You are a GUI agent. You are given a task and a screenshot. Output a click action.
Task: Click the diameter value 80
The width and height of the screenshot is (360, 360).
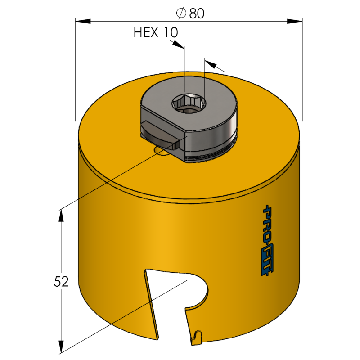pos(197,13)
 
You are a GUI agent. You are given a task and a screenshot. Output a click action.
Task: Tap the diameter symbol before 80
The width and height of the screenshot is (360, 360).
pos(181,13)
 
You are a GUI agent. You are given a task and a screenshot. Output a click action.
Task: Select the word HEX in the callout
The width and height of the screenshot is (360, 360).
pos(146,32)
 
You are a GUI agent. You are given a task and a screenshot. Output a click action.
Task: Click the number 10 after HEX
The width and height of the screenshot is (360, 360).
pos(171,32)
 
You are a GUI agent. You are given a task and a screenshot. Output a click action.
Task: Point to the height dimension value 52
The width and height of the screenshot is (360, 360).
pos(61,282)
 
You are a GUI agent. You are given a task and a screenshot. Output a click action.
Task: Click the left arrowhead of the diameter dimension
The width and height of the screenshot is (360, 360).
pos(83,21)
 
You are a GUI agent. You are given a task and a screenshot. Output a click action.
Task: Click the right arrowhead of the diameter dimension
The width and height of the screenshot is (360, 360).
pos(295,21)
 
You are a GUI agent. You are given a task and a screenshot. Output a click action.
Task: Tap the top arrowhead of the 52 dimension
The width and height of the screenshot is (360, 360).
pos(61,216)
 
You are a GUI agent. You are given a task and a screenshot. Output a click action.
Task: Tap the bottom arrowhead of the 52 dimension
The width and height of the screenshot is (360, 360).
pos(61,346)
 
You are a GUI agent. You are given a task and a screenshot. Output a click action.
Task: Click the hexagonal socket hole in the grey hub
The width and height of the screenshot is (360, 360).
pos(189,104)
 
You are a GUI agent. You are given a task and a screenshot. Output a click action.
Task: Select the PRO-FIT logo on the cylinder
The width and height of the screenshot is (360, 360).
pos(268,240)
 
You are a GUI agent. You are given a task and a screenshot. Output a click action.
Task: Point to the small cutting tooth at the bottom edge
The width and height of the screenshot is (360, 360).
pos(197,337)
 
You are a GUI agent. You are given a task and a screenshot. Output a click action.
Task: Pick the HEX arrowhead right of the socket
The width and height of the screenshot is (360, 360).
pos(211,64)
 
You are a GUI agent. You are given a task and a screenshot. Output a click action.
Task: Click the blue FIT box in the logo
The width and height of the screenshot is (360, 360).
pos(268,262)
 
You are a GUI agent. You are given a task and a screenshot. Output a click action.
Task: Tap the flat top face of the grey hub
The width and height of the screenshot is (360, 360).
pos(189,104)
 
